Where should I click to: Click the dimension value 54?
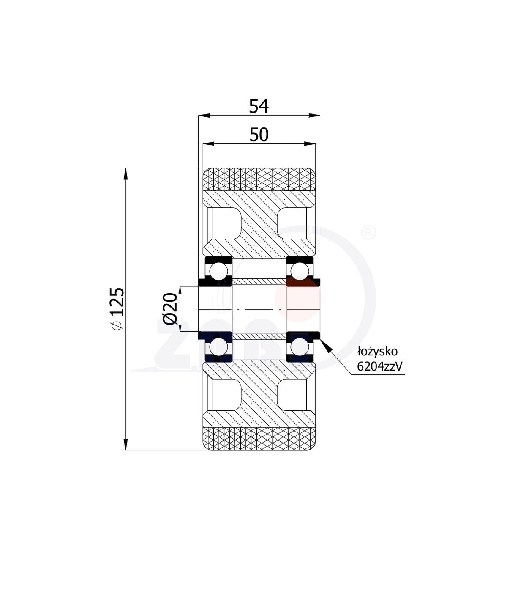pyautogui.click(x=259, y=106)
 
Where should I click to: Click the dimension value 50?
pyautogui.click(x=259, y=134)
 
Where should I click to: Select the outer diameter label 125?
pyautogui.click(x=117, y=302)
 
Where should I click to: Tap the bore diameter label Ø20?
pyautogui.click(x=170, y=309)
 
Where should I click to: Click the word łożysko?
pyautogui.click(x=378, y=352)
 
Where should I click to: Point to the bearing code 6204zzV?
pyautogui.click(x=379, y=366)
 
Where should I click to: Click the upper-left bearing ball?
pyautogui.click(x=218, y=271)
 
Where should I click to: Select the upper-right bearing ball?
pyautogui.click(x=300, y=271)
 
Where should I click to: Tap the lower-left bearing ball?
pyautogui.click(x=218, y=347)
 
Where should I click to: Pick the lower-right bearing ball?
pyautogui.click(x=300, y=347)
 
